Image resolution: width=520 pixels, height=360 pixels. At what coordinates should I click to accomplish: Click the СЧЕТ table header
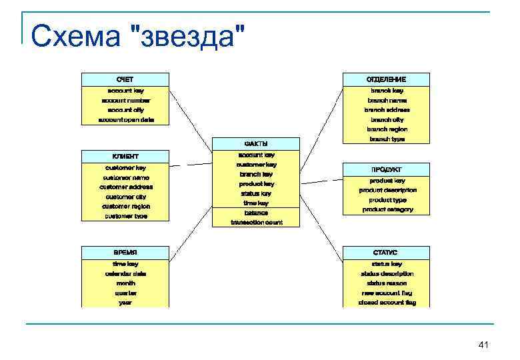125,79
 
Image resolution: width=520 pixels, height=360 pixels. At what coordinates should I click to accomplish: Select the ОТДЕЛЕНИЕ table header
387,79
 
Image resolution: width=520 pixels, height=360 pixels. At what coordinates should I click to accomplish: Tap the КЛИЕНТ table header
125,156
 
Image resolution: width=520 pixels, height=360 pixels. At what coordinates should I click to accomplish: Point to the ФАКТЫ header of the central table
256,143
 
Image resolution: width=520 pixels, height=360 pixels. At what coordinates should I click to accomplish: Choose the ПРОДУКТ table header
387,169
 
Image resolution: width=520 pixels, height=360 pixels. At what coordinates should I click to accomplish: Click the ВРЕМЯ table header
125,253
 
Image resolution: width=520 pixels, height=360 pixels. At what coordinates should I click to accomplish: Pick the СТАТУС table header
387,253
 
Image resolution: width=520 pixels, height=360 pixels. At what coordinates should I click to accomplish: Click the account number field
125,100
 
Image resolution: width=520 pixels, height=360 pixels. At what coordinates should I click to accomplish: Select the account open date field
125,119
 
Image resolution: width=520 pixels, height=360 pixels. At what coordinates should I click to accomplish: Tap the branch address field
387,109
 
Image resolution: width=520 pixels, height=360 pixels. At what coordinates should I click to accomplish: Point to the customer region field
125,206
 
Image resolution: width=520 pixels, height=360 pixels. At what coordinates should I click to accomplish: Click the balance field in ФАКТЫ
256,213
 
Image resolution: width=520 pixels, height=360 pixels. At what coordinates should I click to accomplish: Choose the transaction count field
256,222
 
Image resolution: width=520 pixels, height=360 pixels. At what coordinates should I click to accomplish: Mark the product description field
387,190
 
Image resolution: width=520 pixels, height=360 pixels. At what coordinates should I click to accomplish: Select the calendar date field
125,273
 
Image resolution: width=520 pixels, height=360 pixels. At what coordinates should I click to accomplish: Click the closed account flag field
387,302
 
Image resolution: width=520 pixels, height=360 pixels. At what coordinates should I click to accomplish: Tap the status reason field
387,283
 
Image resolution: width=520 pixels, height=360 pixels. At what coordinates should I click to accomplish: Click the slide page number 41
484,344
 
